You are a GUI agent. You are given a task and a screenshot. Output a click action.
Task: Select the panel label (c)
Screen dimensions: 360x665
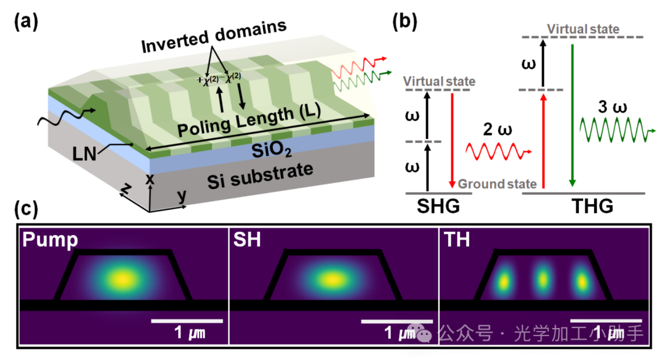(x=25, y=209)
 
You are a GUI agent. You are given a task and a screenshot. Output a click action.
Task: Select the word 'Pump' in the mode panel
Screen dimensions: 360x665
(x=50, y=240)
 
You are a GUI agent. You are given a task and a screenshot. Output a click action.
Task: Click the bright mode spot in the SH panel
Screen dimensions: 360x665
(x=332, y=279)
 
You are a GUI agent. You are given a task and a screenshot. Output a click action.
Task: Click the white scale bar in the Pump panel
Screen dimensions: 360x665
(x=186, y=321)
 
